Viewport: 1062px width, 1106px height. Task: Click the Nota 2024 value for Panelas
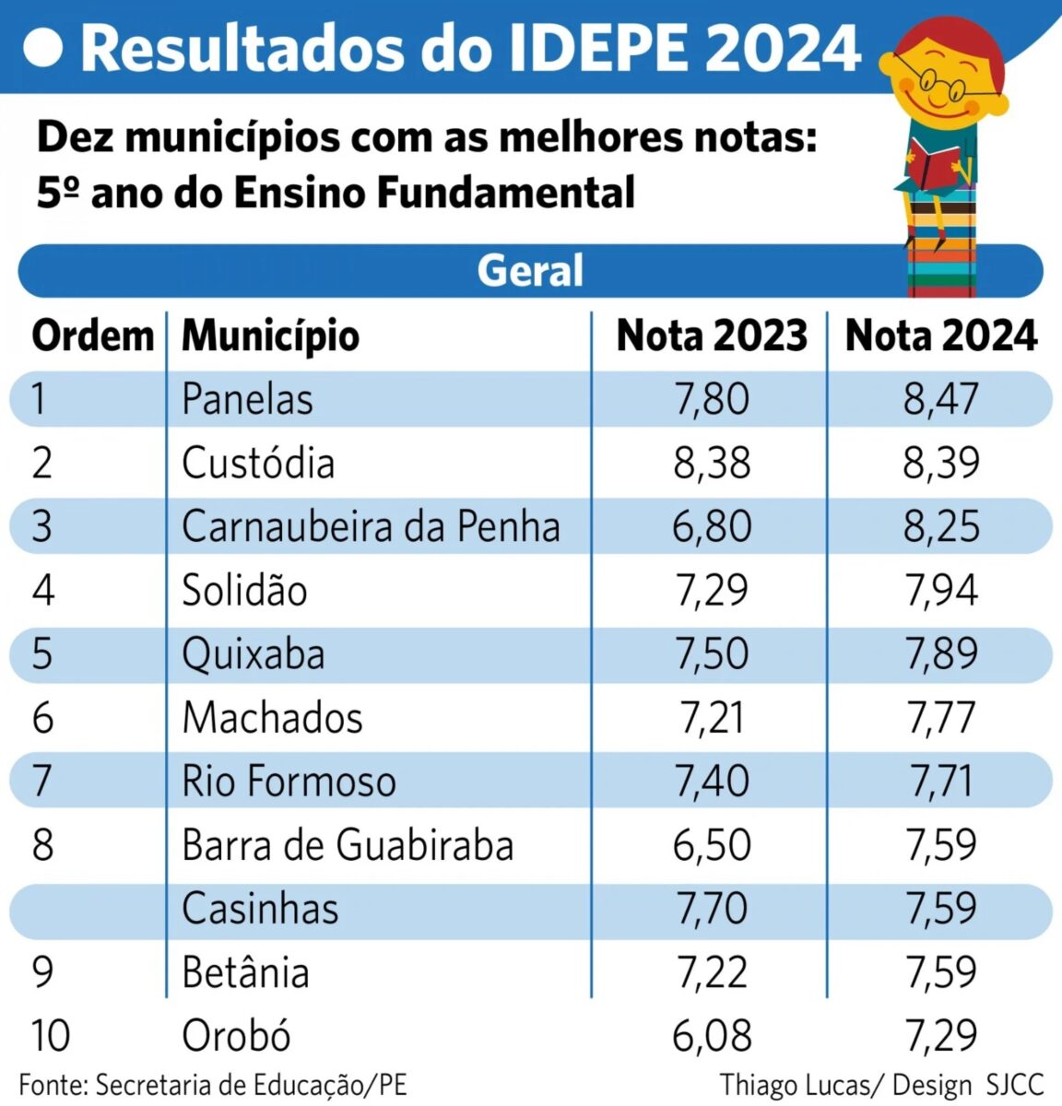point(940,399)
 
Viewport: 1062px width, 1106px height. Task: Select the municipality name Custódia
point(258,463)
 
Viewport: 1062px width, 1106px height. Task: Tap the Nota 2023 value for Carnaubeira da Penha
point(712,526)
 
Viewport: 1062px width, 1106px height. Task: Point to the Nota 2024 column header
point(941,335)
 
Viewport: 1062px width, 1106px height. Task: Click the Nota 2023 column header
point(712,335)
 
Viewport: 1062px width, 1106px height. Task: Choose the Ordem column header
point(92,335)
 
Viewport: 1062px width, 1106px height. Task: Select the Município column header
point(270,335)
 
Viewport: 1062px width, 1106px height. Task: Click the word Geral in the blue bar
point(530,271)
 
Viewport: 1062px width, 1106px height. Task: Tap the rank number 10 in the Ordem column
point(51,1035)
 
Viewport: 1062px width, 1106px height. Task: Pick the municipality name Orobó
point(236,1035)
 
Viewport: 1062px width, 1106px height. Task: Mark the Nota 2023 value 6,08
point(712,1035)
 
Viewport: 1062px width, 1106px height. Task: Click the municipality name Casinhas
point(260,908)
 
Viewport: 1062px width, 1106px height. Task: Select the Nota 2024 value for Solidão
point(940,590)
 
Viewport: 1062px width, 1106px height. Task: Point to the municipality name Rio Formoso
point(289,781)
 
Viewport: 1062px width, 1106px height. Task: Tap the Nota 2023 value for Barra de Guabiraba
point(712,844)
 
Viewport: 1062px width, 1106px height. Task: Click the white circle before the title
point(42,48)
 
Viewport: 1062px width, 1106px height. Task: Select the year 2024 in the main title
point(784,48)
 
